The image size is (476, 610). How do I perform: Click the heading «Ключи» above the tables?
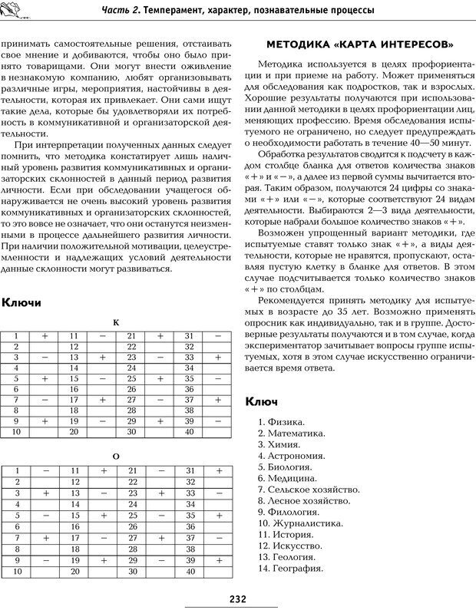[x=22, y=303]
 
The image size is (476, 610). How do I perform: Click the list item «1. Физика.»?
[x=281, y=422]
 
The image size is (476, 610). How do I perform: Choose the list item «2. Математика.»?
[x=291, y=434]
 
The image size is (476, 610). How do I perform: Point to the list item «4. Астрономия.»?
[x=291, y=456]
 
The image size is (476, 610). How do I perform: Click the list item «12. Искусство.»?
[x=290, y=546]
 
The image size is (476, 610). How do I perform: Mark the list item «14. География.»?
[x=290, y=569]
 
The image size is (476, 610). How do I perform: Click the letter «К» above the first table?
[x=116, y=323]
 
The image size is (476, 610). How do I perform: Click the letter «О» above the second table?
[x=116, y=456]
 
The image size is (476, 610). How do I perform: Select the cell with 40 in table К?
[x=189, y=432]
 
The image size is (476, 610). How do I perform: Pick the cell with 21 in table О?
[x=131, y=470]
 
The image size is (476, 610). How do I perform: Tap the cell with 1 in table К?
[x=15, y=336]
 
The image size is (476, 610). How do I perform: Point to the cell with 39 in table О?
[x=189, y=561]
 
